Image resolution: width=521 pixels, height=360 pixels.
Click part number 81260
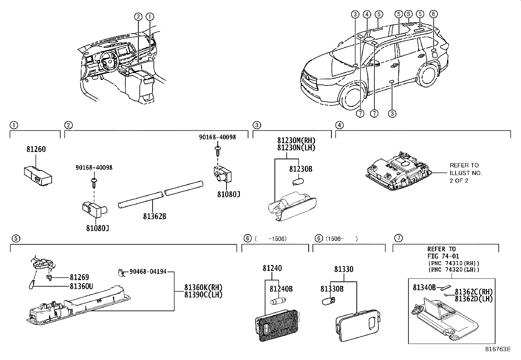36,149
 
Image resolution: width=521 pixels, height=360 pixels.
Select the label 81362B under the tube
154,217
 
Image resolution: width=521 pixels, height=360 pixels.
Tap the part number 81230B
300,169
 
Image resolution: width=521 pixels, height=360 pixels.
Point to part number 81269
79,277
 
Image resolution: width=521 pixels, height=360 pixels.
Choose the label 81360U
81,286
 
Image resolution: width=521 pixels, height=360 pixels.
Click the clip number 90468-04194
148,272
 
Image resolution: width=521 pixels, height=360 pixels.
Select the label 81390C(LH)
203,294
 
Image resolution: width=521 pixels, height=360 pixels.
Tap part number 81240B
281,289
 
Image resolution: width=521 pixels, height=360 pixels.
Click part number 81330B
332,289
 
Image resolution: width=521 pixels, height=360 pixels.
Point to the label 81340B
424,288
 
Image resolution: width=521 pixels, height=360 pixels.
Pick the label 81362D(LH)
474,298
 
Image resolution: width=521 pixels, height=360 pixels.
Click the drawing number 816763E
497,349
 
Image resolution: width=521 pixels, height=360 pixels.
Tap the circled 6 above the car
433,14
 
